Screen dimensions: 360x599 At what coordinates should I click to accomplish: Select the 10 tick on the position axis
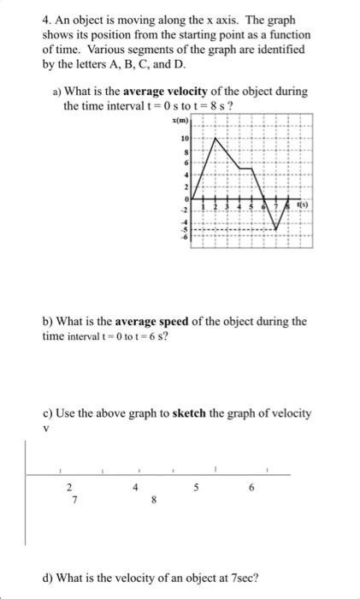point(184,139)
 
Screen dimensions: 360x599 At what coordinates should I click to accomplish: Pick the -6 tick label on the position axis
point(182,239)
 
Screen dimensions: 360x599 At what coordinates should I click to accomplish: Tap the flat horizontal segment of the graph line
point(245,169)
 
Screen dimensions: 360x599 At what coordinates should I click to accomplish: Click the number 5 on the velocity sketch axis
point(197,489)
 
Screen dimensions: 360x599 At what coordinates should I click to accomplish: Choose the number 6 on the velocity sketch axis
point(251,488)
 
